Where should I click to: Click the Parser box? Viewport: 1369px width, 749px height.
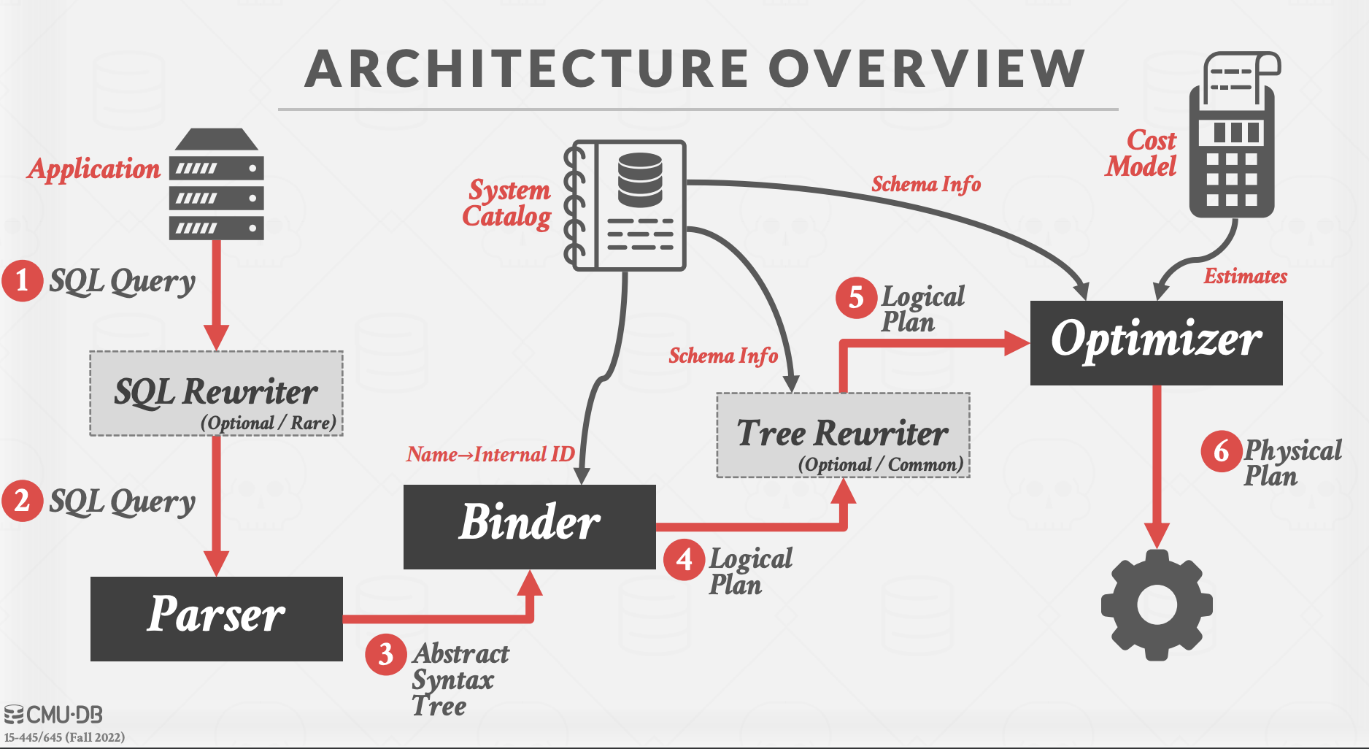coord(216,618)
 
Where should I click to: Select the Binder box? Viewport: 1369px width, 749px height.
coord(529,526)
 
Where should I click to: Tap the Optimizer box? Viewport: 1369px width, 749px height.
coord(1156,342)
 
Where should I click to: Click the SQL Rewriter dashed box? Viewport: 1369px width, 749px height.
coord(216,393)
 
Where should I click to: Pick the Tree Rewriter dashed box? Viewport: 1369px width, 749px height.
coord(843,435)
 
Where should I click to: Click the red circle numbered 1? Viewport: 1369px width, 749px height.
coord(22,281)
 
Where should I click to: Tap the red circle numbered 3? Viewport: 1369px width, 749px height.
coord(385,655)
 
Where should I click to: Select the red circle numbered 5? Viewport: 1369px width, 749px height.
coord(855,298)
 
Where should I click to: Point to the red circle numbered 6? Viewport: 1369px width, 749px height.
coord(1221,452)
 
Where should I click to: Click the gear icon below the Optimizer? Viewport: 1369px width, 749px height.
coord(1157,605)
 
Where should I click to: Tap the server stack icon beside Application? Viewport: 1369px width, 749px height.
coord(216,186)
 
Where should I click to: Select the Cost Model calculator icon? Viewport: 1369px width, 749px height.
coord(1232,139)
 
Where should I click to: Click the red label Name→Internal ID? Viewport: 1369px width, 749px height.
coord(490,455)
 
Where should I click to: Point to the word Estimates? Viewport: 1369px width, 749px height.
coord(1245,277)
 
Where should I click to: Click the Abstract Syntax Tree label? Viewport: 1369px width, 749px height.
coord(460,680)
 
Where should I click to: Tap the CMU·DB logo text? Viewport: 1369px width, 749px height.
coord(54,715)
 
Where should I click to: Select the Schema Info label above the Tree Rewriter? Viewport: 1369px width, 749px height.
coord(723,356)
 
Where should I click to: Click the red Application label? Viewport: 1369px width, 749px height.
coord(94,169)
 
